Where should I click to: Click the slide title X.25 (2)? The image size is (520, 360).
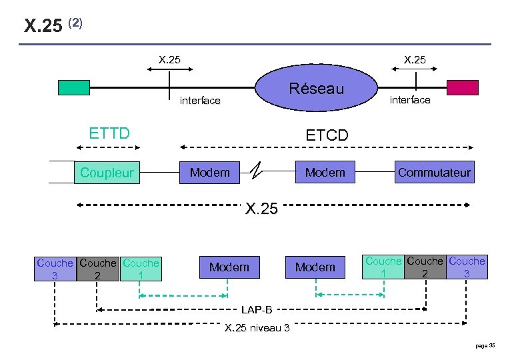tap(53, 25)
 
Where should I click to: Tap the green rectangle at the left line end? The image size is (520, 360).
tap(73, 88)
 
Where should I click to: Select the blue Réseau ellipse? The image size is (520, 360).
tap(317, 89)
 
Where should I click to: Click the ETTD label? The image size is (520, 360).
tap(109, 133)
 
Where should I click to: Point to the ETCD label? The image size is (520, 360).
tap(327, 135)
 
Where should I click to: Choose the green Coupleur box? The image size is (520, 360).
tap(107, 173)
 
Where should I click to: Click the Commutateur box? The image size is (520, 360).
tap(434, 173)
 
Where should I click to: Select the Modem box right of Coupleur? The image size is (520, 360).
tap(209, 173)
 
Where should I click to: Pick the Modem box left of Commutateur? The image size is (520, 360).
tap(325, 173)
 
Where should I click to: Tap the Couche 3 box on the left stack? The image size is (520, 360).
tap(55, 269)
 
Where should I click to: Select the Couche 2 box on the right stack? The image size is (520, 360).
tap(425, 267)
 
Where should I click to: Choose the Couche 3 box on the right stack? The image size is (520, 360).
tap(467, 267)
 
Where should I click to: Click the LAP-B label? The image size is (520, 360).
tap(256, 310)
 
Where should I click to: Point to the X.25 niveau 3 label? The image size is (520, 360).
tap(257, 327)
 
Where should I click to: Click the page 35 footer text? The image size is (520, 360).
tap(485, 345)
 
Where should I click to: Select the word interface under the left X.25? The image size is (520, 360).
tap(200, 101)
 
